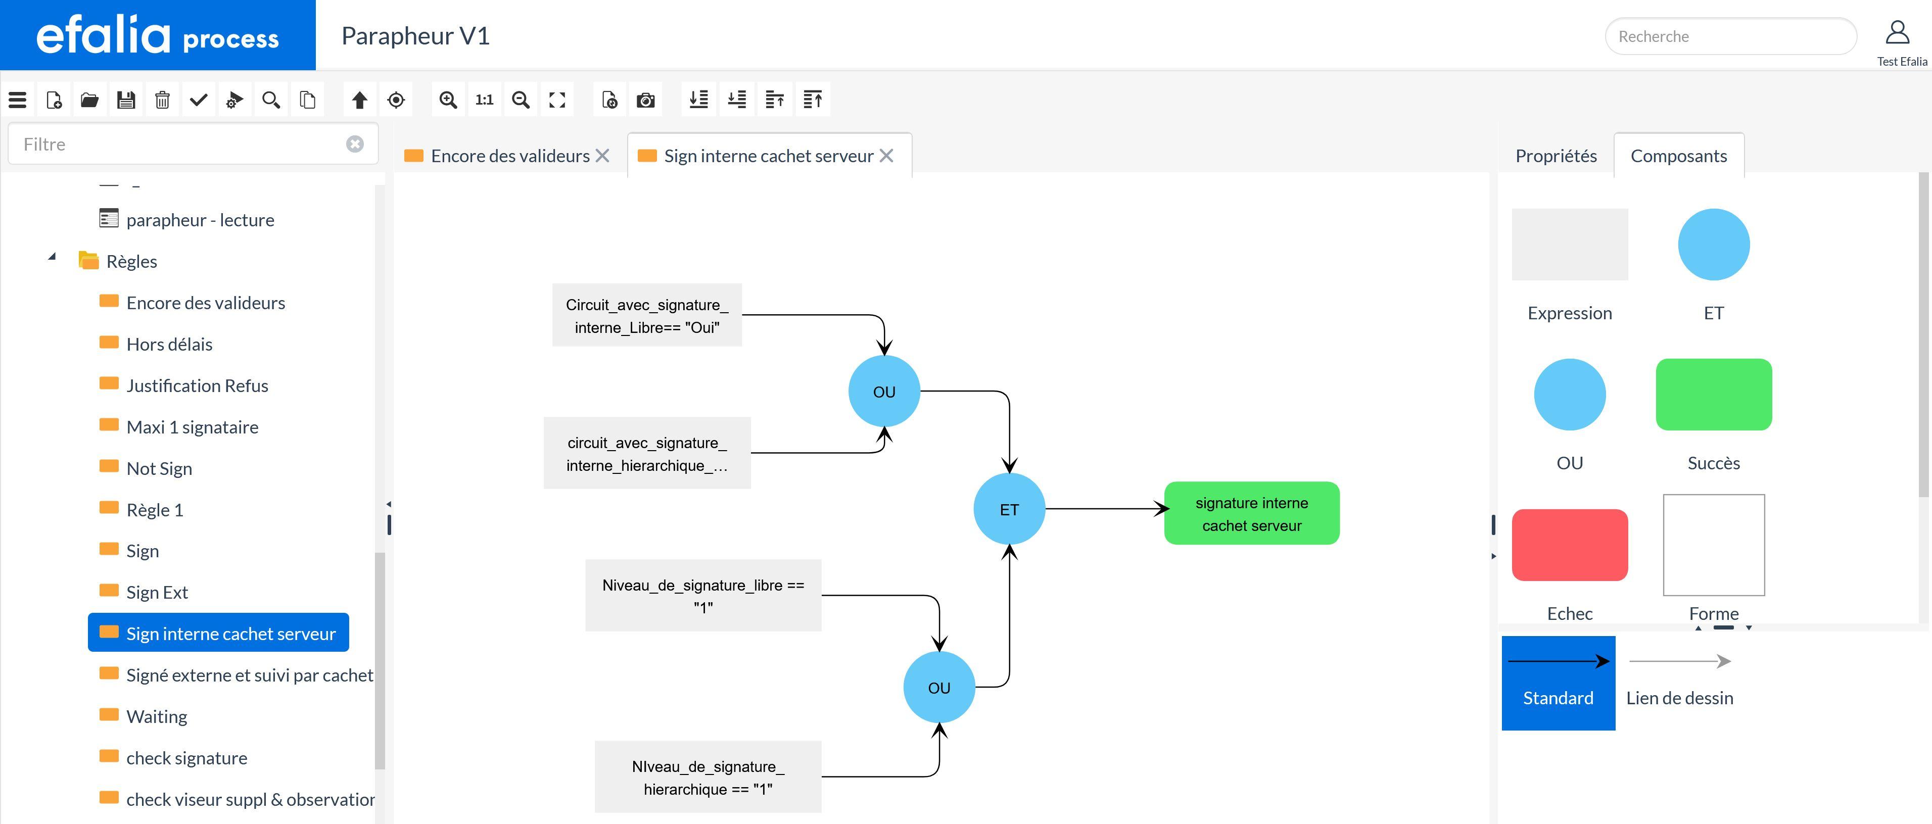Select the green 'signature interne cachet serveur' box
pyautogui.click(x=1251, y=514)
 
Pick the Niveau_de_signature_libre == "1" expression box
pyautogui.click(x=703, y=595)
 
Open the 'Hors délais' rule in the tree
pyautogui.click(x=169, y=344)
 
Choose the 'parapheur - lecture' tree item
pyautogui.click(x=200, y=220)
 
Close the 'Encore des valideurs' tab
pyautogui.click(x=602, y=156)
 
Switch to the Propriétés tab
pyautogui.click(x=1556, y=156)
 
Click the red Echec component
pyautogui.click(x=1569, y=545)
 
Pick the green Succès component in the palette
pyautogui.click(x=1713, y=395)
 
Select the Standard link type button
pyautogui.click(x=1558, y=683)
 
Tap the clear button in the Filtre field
pyautogui.click(x=355, y=144)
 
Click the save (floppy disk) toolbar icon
pyautogui.click(x=126, y=100)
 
